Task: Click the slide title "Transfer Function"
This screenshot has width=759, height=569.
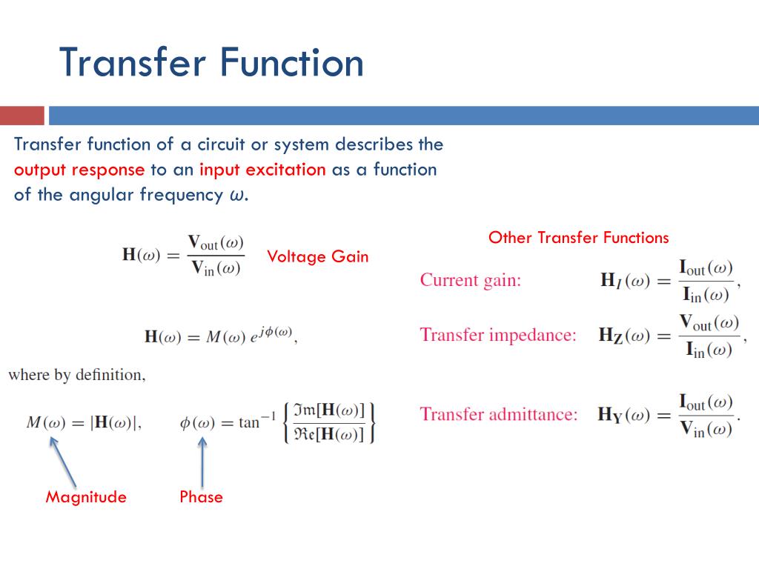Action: pyautogui.click(x=211, y=62)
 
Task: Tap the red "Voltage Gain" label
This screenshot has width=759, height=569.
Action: pyautogui.click(x=317, y=256)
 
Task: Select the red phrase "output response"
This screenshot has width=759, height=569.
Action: pyautogui.click(x=79, y=170)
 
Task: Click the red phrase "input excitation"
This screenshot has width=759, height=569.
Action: pyautogui.click(x=262, y=170)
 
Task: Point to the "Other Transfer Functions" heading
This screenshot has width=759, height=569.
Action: pyautogui.click(x=578, y=238)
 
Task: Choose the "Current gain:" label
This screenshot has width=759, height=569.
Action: pyautogui.click(x=471, y=280)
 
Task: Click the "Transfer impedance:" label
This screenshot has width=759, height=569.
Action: pyautogui.click(x=498, y=335)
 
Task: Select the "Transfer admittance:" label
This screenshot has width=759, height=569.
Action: pyautogui.click(x=499, y=413)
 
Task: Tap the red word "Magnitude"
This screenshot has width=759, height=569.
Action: pyautogui.click(x=86, y=496)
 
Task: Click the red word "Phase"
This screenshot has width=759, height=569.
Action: pyautogui.click(x=201, y=496)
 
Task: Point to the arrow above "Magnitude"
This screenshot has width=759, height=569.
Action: pyautogui.click(x=64, y=462)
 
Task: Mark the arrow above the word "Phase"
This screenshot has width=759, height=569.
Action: pyautogui.click(x=202, y=462)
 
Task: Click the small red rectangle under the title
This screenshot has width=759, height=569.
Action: pyautogui.click(x=22, y=116)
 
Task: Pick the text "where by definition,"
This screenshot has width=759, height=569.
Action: pyautogui.click(x=77, y=375)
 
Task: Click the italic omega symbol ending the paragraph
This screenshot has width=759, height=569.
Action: pyautogui.click(x=235, y=196)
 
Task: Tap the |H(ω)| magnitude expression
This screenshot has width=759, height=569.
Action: pyautogui.click(x=113, y=423)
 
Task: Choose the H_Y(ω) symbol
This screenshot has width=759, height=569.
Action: pyautogui.click(x=623, y=414)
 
